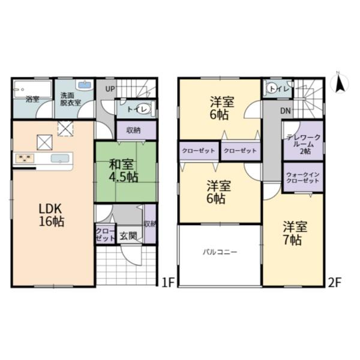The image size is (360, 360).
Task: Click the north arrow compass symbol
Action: pyautogui.click(x=339, y=83)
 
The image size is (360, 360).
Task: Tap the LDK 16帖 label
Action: pyautogui.click(x=51, y=215)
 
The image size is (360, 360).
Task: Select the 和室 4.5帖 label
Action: pyautogui.click(x=123, y=171)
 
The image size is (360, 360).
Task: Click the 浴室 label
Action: pyautogui.click(x=32, y=100)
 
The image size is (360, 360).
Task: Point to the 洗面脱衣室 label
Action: pyautogui.click(x=70, y=99)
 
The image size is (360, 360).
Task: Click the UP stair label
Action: pyautogui.click(x=110, y=89)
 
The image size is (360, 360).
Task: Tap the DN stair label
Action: pyautogui.click(x=286, y=111)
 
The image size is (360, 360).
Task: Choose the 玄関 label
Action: pyautogui.click(x=128, y=236)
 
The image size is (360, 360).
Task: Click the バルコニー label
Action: pyautogui.click(x=220, y=253)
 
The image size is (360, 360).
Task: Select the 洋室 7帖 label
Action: pyautogui.click(x=295, y=233)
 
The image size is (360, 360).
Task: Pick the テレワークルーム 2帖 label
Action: pyautogui.click(x=303, y=144)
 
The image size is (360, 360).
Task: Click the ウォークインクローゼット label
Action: pyautogui.click(x=303, y=178)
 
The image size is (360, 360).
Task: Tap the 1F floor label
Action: pyautogui.click(x=169, y=283)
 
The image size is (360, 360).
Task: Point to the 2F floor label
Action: pyautogui.click(x=335, y=283)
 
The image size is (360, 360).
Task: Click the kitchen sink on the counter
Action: pyautogui.click(x=60, y=158)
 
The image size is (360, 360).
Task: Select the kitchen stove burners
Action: pyautogui.click(x=25, y=158)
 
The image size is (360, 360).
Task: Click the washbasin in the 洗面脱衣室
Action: pyautogui.click(x=85, y=85)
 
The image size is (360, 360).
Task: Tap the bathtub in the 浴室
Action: pyautogui.click(x=32, y=89)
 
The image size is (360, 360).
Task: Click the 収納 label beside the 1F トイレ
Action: pyautogui.click(x=133, y=130)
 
